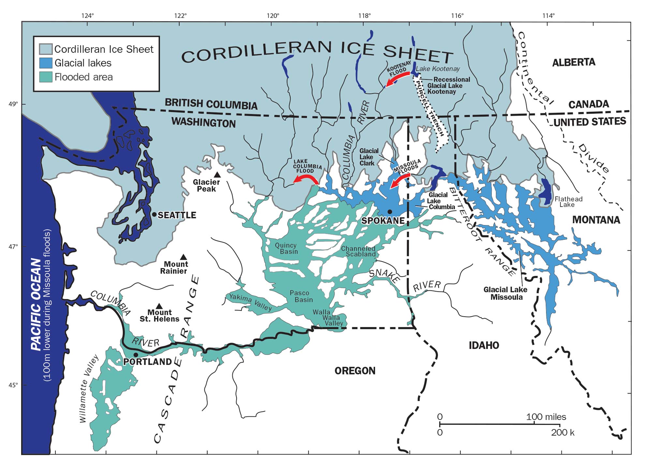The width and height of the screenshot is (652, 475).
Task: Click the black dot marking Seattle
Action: (x=154, y=215)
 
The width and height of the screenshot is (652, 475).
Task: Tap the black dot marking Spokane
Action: (x=390, y=212)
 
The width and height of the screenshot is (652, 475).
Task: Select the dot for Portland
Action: (x=136, y=355)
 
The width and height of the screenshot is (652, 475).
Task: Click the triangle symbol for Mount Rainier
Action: (x=184, y=257)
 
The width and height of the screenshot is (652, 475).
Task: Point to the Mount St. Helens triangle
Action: (x=159, y=306)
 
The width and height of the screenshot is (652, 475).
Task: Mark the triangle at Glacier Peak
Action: (x=217, y=175)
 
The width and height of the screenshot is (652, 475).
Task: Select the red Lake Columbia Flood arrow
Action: (x=306, y=178)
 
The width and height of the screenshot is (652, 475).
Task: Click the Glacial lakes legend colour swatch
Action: (x=46, y=63)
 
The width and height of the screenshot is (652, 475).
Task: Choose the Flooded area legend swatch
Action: (x=46, y=77)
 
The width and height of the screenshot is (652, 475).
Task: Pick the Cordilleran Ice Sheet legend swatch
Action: (x=46, y=49)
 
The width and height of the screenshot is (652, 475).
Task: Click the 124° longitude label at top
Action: (x=88, y=16)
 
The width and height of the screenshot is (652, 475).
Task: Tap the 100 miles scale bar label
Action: (x=546, y=417)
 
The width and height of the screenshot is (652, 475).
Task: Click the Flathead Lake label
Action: (x=568, y=201)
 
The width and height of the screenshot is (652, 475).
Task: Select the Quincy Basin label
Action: (x=286, y=248)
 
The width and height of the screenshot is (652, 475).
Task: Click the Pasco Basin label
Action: (x=301, y=296)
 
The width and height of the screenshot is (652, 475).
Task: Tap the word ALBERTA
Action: (x=574, y=62)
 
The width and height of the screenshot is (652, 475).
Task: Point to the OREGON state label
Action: (x=355, y=371)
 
